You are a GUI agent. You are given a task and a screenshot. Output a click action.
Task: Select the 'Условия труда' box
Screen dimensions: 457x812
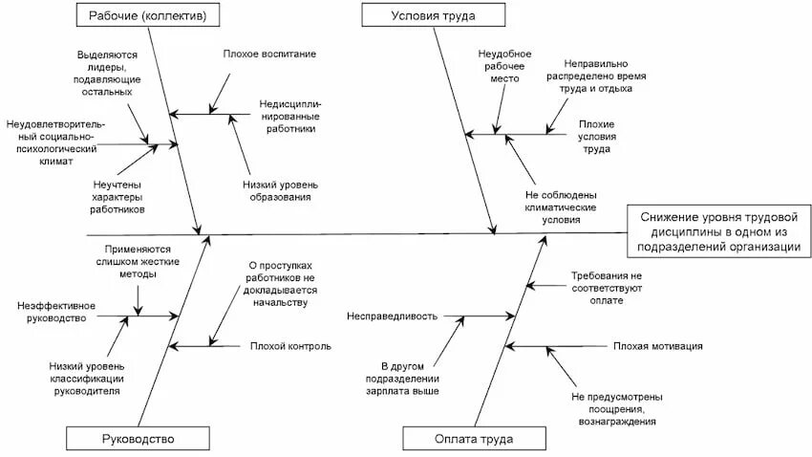[434, 15]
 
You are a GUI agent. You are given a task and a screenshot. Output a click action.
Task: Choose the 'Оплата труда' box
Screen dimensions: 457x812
[472, 439]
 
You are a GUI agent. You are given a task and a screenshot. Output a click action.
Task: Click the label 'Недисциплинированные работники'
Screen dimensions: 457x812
[288, 116]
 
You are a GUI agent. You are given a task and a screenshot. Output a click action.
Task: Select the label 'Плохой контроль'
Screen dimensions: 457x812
[290, 345]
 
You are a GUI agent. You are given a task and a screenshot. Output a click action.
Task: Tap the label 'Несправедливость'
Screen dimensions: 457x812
[393, 316]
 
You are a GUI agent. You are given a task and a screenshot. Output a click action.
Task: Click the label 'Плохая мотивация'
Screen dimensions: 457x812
[658, 345]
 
